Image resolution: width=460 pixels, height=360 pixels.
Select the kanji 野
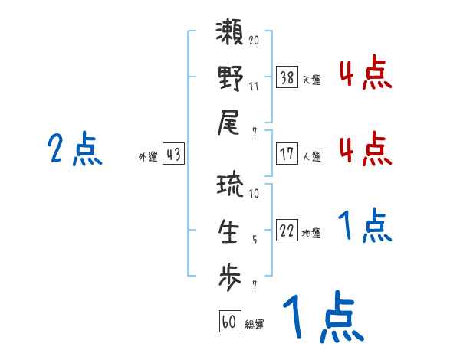pos(231,80)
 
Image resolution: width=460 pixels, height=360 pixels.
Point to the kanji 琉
pos(231,186)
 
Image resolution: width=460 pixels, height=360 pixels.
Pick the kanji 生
pos(231,231)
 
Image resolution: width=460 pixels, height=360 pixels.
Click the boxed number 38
pos(287,77)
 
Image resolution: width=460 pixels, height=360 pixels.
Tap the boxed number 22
pos(287,231)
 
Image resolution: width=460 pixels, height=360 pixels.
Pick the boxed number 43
pos(173,154)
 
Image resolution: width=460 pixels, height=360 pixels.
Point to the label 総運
pos(255,324)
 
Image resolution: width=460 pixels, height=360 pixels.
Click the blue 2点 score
pos(74,149)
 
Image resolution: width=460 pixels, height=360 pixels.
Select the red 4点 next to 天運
pos(365,75)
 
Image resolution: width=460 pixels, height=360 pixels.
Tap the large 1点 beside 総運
pos(322,318)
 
